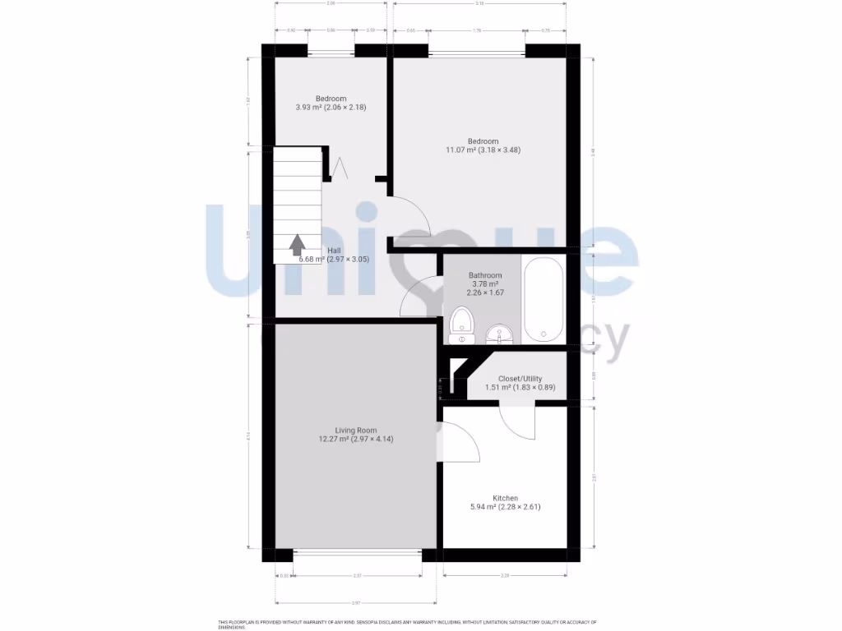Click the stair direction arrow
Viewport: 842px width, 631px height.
(x=297, y=244)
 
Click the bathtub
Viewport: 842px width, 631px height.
(x=544, y=300)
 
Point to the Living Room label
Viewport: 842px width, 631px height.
(x=356, y=430)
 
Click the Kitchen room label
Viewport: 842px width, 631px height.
(x=505, y=498)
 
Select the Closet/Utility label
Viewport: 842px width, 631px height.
(x=520, y=379)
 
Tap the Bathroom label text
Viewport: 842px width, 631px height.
(x=485, y=275)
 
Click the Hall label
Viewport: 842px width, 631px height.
(x=335, y=251)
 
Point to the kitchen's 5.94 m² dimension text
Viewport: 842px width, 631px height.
(x=505, y=508)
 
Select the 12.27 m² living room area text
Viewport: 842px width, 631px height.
(x=356, y=440)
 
